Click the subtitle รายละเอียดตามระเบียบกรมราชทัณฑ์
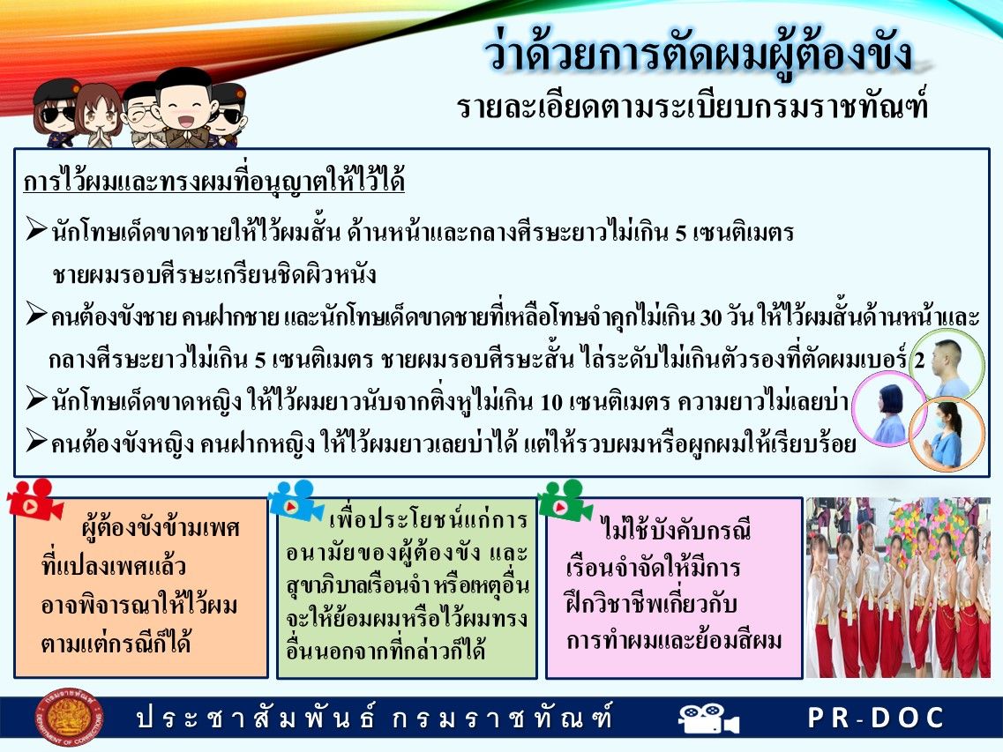coord(692,107)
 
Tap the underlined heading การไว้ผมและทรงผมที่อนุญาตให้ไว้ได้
coord(214,180)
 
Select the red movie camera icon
coord(34,499)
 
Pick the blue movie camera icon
coord(296,500)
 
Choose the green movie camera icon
coord(565,500)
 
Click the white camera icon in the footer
coord(708,718)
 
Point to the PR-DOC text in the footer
coord(876,718)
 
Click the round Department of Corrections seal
coord(69,717)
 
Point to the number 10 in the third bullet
coord(552,402)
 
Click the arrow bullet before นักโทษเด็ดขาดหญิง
coord(36,399)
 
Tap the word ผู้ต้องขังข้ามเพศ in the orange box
coord(161,527)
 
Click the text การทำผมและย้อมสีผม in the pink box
coord(674,639)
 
